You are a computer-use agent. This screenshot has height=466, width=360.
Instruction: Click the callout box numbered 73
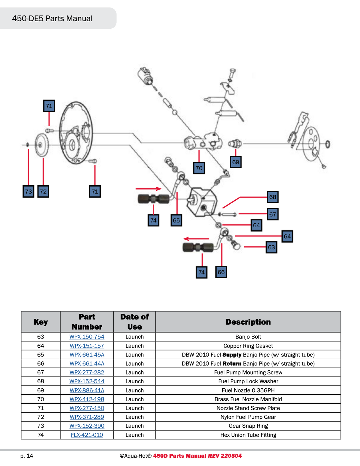click(x=28, y=191)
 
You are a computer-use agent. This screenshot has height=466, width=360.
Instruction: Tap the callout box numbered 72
click(x=43, y=191)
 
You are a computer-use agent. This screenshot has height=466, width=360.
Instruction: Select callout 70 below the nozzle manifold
click(x=199, y=168)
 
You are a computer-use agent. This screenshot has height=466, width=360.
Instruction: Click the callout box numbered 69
click(x=236, y=162)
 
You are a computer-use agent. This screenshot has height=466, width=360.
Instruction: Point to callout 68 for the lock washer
click(x=272, y=197)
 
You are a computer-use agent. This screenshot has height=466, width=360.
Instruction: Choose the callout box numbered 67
click(x=272, y=214)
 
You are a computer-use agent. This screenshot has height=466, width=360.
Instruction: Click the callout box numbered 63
click(x=271, y=247)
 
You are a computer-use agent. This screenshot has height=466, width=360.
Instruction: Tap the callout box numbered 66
click(x=221, y=272)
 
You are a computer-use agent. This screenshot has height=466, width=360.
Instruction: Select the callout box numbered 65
click(x=176, y=220)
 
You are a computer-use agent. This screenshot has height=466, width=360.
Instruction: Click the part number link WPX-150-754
click(x=87, y=337)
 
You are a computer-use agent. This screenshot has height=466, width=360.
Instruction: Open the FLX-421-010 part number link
click(x=87, y=435)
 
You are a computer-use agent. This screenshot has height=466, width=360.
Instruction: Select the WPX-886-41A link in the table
click(x=87, y=390)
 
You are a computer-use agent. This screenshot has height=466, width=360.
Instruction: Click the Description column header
click(x=248, y=322)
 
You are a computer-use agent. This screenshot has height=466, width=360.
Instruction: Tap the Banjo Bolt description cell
click(x=248, y=337)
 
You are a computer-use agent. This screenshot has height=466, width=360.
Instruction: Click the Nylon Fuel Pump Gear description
click(x=248, y=417)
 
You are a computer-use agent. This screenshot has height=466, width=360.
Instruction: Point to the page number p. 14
click(x=27, y=456)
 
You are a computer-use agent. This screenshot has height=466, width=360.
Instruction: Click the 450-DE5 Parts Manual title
click(x=52, y=18)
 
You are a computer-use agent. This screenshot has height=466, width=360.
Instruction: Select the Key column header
click(x=40, y=322)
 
